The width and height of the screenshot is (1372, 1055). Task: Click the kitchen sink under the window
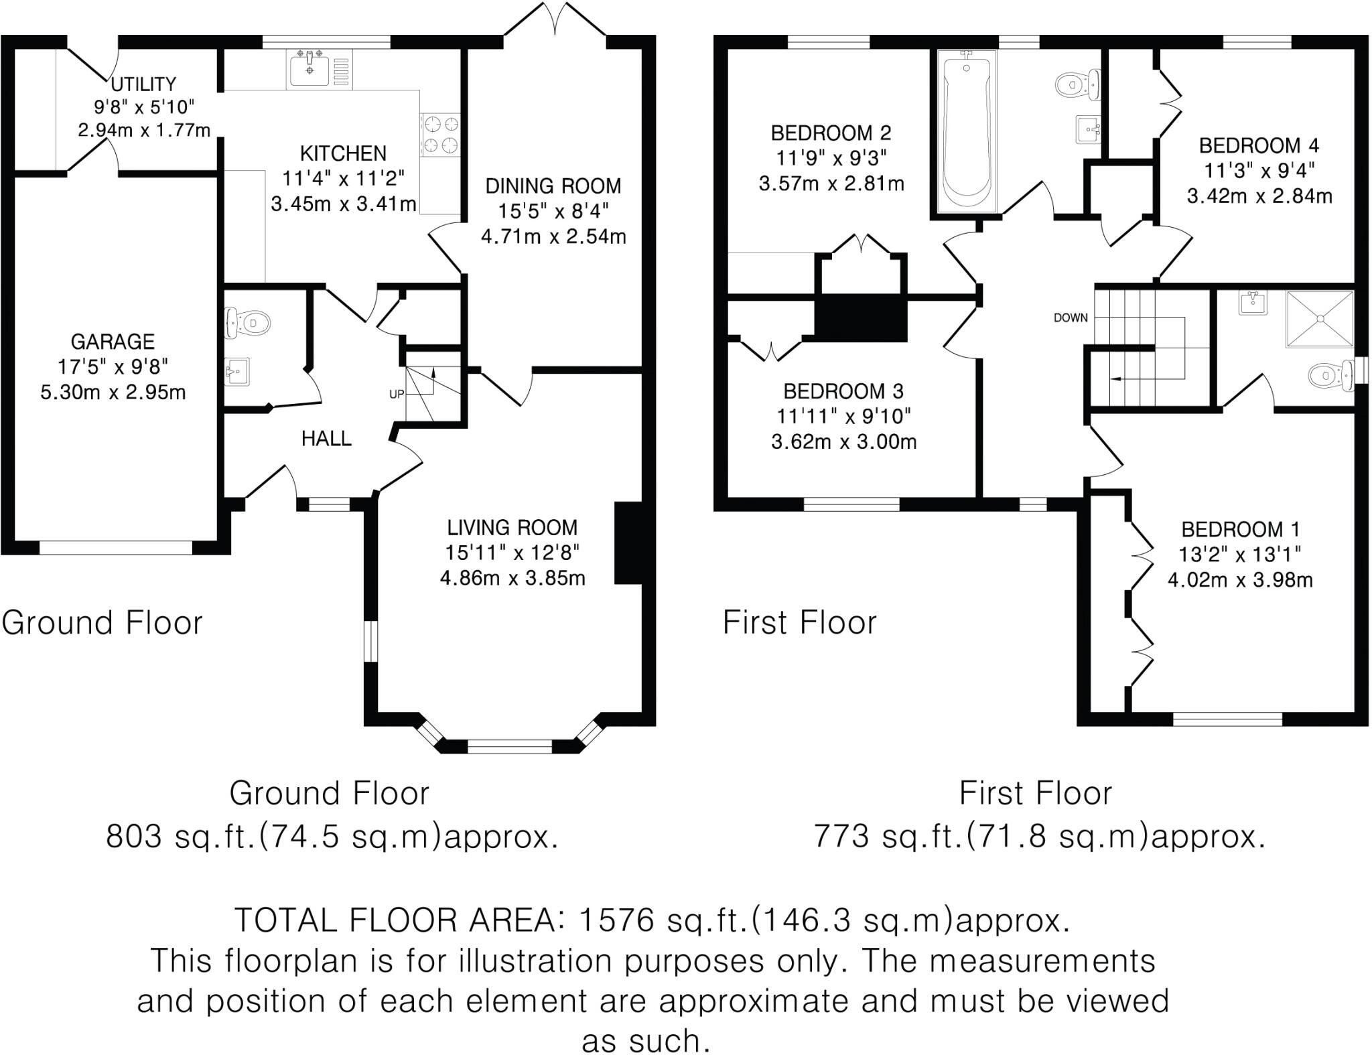pyautogui.click(x=309, y=68)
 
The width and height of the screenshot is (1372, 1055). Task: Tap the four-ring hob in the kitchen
pyautogui.click(x=440, y=134)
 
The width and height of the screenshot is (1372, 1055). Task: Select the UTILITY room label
pyautogui.click(x=143, y=84)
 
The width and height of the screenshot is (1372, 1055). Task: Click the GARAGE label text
pyautogui.click(x=113, y=342)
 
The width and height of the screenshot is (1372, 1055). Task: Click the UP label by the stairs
pyautogui.click(x=397, y=395)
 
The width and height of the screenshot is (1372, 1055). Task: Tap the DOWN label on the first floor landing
pyautogui.click(x=1071, y=318)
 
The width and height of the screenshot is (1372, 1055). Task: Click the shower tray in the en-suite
pyautogui.click(x=1319, y=319)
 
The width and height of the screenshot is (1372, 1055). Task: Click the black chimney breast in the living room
pyautogui.click(x=628, y=543)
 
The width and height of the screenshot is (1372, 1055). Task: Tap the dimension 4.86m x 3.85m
pyautogui.click(x=512, y=578)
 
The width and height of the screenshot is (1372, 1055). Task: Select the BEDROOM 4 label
pyautogui.click(x=1259, y=145)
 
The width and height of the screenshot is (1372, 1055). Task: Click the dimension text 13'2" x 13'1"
pyautogui.click(x=1240, y=555)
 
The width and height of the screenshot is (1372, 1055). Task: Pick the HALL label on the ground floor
pyautogui.click(x=326, y=439)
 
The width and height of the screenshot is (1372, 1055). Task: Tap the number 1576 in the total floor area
pyautogui.click(x=615, y=920)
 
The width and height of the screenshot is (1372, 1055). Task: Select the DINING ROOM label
pyautogui.click(x=553, y=186)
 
